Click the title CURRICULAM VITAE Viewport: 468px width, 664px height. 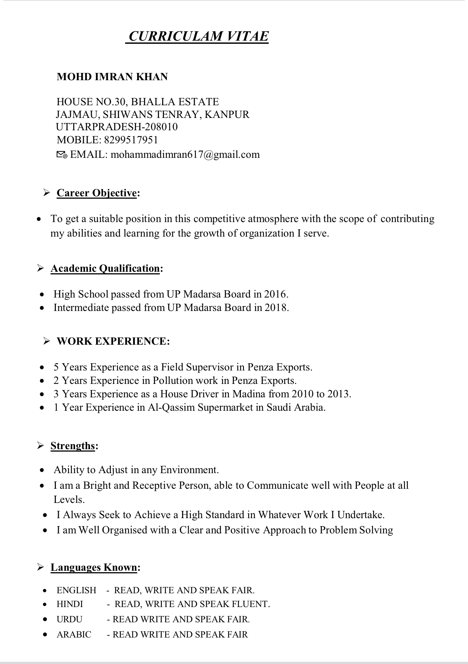(198, 36)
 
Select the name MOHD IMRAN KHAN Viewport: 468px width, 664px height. (112, 77)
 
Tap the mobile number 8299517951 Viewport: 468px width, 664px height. (131, 140)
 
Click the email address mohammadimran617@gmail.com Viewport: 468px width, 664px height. (185, 155)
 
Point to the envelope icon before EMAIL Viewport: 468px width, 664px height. (62, 155)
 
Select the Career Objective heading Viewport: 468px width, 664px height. (97, 193)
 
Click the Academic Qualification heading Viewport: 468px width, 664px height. (105, 269)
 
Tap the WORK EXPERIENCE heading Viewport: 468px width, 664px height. (113, 341)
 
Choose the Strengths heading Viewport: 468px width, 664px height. (73, 446)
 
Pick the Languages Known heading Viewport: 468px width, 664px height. (94, 567)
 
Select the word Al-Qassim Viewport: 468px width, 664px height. (171, 407)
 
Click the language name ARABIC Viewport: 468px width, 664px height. (74, 635)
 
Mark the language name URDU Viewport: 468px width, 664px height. (69, 619)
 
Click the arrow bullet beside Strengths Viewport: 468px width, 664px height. (41, 446)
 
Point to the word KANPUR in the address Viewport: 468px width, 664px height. (227, 115)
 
